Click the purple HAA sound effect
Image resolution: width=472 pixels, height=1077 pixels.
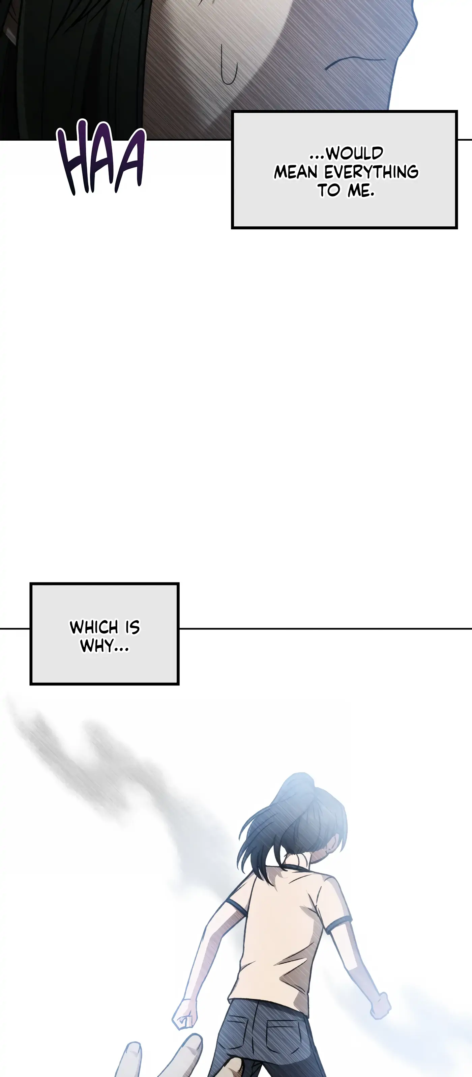pyautogui.click(x=101, y=157)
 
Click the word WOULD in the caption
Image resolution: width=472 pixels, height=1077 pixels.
pyautogui.click(x=355, y=153)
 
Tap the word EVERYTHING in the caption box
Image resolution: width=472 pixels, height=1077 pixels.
pyautogui.click(x=371, y=172)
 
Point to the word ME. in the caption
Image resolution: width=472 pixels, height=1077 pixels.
pyautogui.click(x=361, y=190)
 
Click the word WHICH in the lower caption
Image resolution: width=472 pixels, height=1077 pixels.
pyautogui.click(x=94, y=627)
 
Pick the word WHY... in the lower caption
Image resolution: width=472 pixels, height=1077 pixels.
pyautogui.click(x=105, y=646)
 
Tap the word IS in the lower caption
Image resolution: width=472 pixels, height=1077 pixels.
pyautogui.click(x=132, y=627)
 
